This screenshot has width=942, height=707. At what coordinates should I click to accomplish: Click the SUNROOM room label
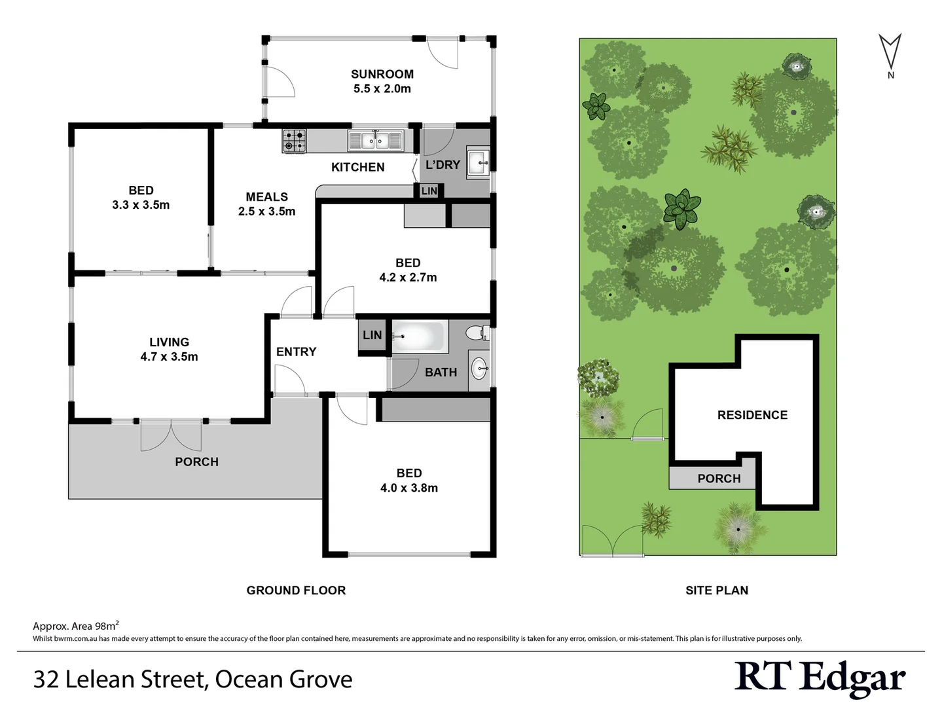[382, 75]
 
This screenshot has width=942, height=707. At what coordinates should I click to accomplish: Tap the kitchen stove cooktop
[294, 141]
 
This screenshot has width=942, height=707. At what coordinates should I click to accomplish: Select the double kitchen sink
[375, 141]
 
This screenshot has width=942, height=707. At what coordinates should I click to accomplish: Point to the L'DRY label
[443, 165]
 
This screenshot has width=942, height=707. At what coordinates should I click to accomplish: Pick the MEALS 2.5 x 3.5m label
[266, 204]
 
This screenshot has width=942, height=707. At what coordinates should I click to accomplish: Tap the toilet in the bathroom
[478, 333]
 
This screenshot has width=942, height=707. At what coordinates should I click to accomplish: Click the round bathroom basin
[479, 369]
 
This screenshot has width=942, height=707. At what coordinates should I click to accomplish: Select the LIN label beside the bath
[372, 335]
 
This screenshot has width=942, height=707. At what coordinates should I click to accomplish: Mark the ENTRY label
[296, 352]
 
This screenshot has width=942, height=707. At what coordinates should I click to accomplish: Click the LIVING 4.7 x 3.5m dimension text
[169, 357]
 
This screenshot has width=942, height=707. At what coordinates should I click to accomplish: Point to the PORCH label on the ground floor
[196, 462]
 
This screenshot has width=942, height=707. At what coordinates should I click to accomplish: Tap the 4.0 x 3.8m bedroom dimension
[409, 488]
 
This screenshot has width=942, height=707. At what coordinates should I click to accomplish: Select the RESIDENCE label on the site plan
[752, 415]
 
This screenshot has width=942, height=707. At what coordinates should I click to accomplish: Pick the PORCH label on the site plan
[719, 479]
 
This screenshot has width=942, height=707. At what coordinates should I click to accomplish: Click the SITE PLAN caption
[717, 590]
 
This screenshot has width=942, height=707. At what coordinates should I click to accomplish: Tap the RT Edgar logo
[820, 678]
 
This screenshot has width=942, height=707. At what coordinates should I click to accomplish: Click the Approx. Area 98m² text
[76, 626]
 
